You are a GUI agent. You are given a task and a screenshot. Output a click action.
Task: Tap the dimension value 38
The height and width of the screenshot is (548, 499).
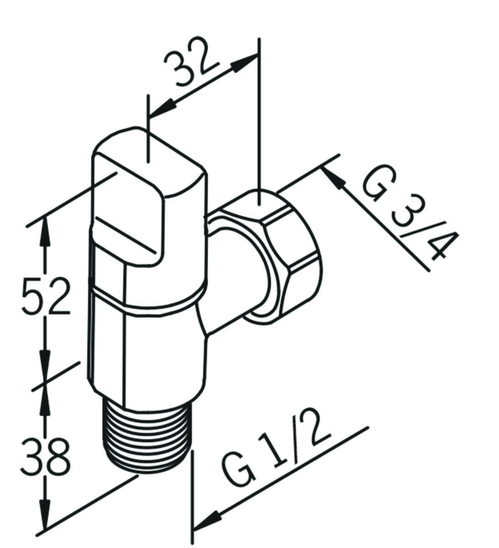46,456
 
